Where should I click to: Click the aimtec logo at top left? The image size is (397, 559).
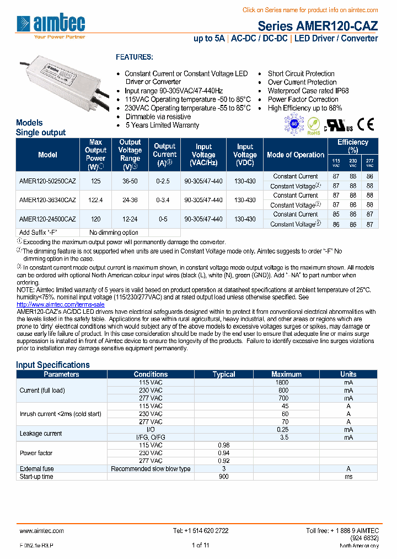51,24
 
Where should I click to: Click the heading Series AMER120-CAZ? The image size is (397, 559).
318,26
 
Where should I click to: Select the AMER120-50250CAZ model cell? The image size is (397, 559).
47,181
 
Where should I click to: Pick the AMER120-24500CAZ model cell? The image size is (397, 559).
47,219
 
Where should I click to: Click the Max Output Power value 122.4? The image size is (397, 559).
95,200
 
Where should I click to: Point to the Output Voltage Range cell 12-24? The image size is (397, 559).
130,219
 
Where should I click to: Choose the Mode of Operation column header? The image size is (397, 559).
296,155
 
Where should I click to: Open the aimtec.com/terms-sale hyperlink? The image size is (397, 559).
61,304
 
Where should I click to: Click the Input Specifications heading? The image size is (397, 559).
53,365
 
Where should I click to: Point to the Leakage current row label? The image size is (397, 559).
41,433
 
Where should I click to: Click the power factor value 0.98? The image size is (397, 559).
223,445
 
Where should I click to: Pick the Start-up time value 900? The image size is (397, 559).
223,476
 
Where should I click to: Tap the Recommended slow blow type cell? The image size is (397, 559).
151,468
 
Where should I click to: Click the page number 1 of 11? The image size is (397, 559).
200,546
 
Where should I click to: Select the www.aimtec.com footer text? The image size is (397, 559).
42,531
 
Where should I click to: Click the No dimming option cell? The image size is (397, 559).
114,233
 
